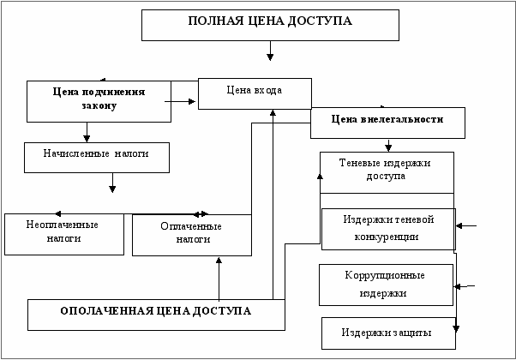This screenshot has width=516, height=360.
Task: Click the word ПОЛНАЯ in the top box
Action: click(215, 21)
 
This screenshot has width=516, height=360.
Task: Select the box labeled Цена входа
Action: click(255, 93)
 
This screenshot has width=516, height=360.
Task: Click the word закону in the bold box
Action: click(99, 105)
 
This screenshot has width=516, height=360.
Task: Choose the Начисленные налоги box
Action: click(97, 158)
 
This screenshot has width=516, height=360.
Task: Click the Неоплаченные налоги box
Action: click(64, 234)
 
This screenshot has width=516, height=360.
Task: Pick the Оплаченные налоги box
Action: click(192, 235)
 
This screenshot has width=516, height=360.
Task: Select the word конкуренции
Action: click(387, 237)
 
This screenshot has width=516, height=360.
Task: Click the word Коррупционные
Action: click(385, 275)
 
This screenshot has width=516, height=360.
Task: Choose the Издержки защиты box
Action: click(388, 333)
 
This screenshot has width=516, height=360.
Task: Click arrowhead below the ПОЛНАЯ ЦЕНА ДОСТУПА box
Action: click(270, 57)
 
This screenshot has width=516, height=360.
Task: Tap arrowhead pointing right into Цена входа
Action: click(192, 102)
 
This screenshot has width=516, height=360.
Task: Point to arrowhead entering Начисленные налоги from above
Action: click(87, 139)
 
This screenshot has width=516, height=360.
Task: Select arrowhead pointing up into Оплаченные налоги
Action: click(219, 261)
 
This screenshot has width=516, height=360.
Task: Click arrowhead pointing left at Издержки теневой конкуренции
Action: click(459, 225)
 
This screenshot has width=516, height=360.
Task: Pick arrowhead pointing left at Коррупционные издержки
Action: click(457, 286)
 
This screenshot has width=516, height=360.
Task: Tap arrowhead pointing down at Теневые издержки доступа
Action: click(388, 148)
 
